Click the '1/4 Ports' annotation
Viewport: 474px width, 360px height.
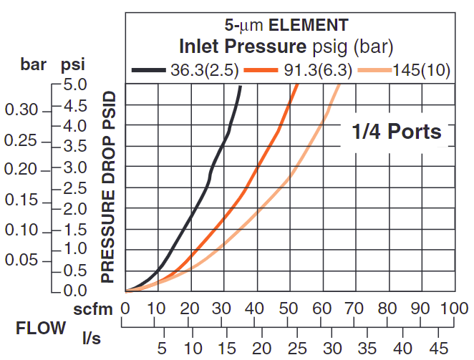(x=396, y=132)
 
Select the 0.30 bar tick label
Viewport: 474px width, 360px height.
(x=21, y=110)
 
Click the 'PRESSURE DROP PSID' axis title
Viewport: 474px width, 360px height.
(x=108, y=187)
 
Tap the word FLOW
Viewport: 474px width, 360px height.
(x=41, y=329)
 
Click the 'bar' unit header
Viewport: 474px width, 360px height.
(x=33, y=64)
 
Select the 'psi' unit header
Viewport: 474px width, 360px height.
(x=72, y=64)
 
